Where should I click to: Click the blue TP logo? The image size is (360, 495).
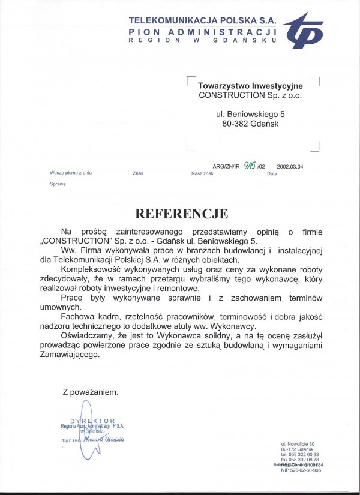click(x=305, y=31)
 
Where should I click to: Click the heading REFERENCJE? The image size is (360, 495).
click(x=181, y=213)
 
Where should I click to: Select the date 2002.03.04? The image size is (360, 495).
click(x=290, y=167)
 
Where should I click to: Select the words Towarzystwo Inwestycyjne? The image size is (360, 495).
click(x=250, y=86)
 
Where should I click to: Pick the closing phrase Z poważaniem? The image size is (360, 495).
click(x=91, y=392)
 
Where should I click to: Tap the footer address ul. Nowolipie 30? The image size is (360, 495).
click(x=298, y=443)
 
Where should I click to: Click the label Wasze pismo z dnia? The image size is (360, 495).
click(x=70, y=173)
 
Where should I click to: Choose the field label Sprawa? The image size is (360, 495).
click(x=58, y=184)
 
